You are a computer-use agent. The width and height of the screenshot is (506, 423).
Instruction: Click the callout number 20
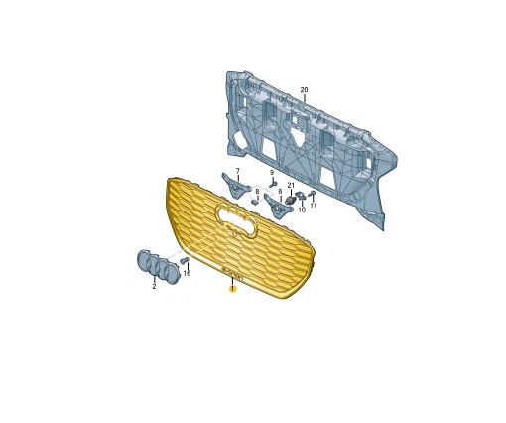click(304, 90)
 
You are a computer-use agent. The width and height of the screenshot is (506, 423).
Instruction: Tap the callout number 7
click(238, 171)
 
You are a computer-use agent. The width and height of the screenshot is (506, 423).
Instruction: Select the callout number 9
click(272, 173)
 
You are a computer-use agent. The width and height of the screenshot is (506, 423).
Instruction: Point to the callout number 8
click(257, 191)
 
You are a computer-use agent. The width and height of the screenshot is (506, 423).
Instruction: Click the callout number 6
click(280, 192)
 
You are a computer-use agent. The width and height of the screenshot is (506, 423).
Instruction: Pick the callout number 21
click(291, 186)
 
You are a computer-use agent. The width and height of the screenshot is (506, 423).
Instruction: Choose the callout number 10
click(302, 210)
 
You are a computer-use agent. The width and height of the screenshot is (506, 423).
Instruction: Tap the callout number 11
click(314, 206)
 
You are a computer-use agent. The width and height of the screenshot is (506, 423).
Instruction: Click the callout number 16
click(187, 273)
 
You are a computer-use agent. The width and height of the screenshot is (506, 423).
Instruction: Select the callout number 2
click(154, 287)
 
